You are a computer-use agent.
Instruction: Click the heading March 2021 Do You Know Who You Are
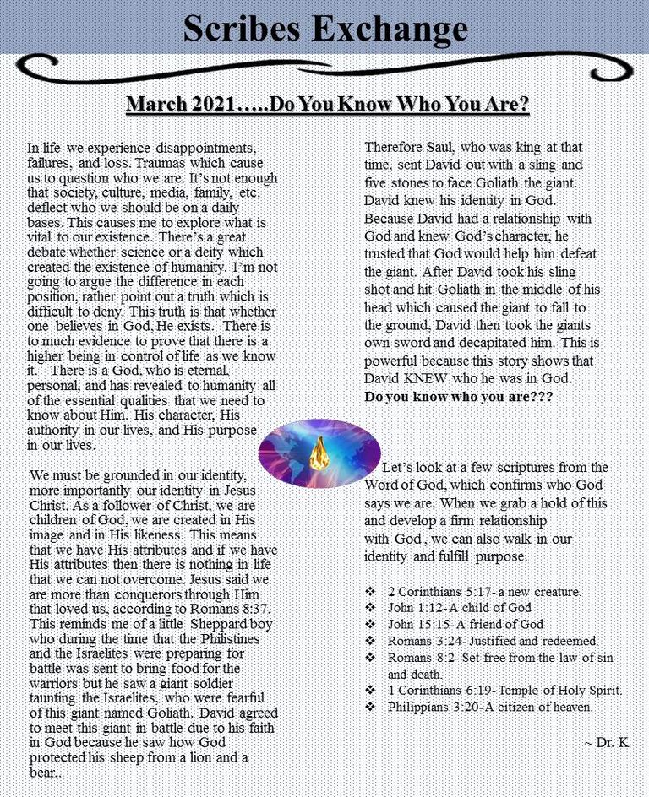[x=327, y=106]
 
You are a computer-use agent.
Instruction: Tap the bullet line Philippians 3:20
[x=490, y=707]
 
